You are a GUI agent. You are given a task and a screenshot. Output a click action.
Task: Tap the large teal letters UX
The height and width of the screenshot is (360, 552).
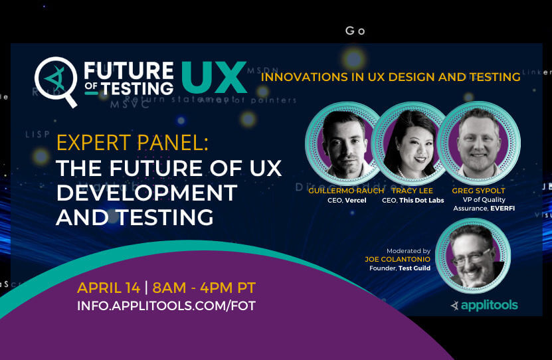pos(213,78)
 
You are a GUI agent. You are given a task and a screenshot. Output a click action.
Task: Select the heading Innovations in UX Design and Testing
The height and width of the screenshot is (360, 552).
pos(391,77)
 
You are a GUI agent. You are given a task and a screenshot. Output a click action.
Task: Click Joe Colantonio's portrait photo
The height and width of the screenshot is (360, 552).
pos(470,254)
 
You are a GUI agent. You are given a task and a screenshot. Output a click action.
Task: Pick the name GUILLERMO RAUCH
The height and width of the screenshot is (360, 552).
pos(346,191)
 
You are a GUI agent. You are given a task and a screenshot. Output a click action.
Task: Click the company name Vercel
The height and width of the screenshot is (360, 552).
pos(356,200)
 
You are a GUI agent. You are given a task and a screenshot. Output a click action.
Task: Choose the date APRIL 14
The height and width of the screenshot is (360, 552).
pos(108,288)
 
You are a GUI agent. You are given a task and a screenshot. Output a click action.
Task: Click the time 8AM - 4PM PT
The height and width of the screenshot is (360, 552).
pos(205,288)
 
